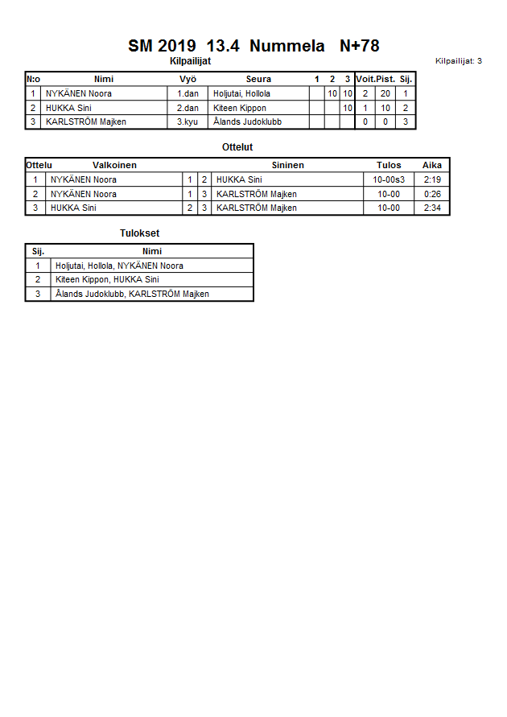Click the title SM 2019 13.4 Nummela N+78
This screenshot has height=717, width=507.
tap(253, 46)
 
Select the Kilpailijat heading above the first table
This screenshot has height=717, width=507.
tap(190, 61)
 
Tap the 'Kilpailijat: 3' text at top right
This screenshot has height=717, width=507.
tap(458, 61)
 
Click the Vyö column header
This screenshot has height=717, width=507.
tap(188, 79)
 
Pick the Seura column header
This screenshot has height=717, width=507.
tap(258, 79)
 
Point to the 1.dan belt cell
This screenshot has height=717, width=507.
tap(188, 93)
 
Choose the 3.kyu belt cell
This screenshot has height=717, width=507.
tap(188, 122)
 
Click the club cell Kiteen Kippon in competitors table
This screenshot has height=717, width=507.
tap(239, 108)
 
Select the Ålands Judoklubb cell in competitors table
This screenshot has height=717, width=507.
tap(247, 122)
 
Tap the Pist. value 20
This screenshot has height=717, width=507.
tap(385, 93)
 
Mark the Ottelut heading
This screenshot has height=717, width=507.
tap(237, 147)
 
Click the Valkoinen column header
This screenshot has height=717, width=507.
tap(114, 165)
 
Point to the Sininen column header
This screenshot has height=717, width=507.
tap(287, 165)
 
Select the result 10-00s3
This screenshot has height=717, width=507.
tap(389, 179)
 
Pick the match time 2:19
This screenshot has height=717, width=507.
tap(432, 179)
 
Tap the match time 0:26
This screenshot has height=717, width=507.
tap(432, 194)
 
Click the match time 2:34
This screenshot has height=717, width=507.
tap(432, 208)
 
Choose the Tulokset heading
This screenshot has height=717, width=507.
tap(140, 233)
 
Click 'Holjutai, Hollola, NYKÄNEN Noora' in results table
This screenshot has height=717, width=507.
tap(119, 266)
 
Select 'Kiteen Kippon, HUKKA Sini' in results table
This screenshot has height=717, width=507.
tap(107, 279)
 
